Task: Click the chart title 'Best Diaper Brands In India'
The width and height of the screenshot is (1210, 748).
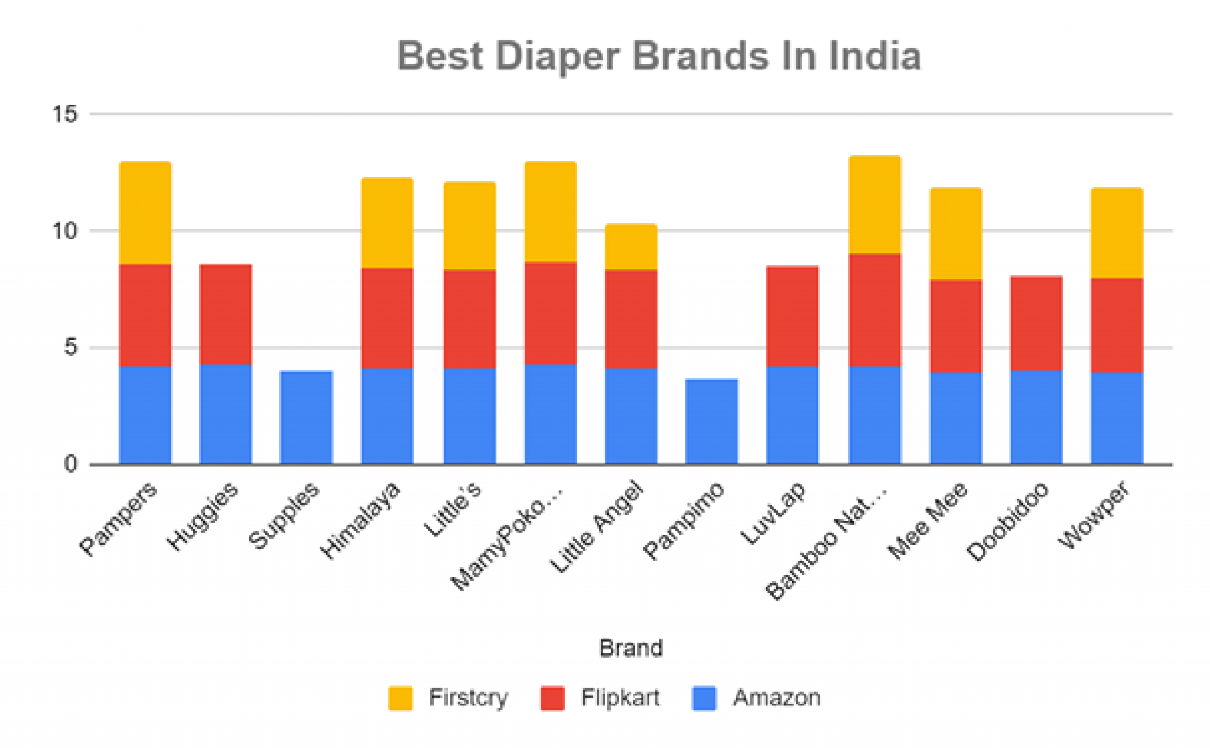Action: coord(659,56)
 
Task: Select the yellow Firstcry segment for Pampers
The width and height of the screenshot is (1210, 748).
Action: coord(145,213)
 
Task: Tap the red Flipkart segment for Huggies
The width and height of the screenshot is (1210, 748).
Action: coord(226,314)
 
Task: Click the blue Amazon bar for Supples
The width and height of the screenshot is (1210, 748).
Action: coord(306,417)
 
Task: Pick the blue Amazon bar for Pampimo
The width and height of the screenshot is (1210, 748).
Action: coord(711,421)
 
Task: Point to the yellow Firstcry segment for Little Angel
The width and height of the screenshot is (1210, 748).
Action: coord(631,247)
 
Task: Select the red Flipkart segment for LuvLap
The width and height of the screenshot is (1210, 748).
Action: coord(792,317)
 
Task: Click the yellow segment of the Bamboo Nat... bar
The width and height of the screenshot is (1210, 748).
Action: coord(874,205)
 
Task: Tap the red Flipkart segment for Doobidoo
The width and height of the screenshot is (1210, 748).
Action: coord(1036,323)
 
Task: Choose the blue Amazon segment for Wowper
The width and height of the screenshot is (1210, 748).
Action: coord(1117,418)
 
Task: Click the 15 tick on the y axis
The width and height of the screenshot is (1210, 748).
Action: coord(64,113)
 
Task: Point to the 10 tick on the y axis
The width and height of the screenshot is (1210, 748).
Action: coord(64,230)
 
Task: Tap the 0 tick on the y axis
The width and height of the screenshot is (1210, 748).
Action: coord(70,464)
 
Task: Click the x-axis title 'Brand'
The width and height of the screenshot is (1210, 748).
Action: coord(631,648)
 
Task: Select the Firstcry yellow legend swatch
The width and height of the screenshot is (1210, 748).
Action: coord(400,698)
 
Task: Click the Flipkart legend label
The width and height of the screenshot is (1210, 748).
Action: coord(620,698)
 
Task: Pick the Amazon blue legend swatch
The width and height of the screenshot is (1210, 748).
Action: coord(704,698)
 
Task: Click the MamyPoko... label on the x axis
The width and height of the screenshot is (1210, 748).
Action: coord(508,536)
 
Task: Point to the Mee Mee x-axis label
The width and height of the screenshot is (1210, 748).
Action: coord(928,519)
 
